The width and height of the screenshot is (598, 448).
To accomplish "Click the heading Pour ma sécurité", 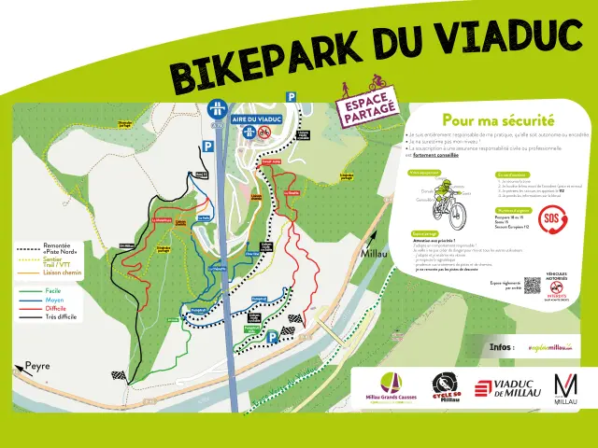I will coord(498,119).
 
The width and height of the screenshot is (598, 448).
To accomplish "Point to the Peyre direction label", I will coord(37,366).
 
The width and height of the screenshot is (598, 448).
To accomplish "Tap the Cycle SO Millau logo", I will coord(447,387).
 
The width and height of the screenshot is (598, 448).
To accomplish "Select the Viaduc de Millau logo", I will coord(507,389).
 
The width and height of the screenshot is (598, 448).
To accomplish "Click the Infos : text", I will coord(502,346).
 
